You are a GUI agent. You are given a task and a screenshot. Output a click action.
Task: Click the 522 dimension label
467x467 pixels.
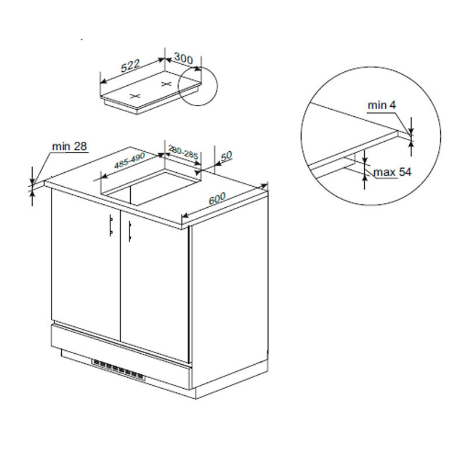(130, 66)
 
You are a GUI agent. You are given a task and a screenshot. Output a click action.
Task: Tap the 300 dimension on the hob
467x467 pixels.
(183, 58)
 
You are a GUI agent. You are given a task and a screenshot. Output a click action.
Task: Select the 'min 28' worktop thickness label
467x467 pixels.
(69, 147)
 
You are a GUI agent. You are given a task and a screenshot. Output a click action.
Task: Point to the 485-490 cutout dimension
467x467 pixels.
(130, 160)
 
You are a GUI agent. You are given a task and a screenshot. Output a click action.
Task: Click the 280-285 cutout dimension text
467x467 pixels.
(183, 152)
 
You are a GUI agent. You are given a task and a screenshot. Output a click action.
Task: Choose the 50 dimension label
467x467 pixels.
(226, 156)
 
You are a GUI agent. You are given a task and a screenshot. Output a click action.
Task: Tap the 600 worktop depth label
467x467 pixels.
(217, 198)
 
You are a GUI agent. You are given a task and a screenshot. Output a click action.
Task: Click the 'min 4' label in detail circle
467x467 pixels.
(382, 105)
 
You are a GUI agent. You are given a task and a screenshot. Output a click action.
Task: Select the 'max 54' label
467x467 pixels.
(392, 172)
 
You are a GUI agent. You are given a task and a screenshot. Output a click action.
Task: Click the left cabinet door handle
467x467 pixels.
(111, 225)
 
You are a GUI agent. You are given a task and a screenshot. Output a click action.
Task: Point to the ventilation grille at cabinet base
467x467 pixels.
(119, 370)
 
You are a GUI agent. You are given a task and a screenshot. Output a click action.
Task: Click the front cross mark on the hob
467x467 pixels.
(135, 96)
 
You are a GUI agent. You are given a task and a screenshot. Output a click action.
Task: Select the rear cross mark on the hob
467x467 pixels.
(166, 84)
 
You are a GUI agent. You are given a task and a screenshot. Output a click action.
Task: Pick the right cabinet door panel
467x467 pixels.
(155, 286)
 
